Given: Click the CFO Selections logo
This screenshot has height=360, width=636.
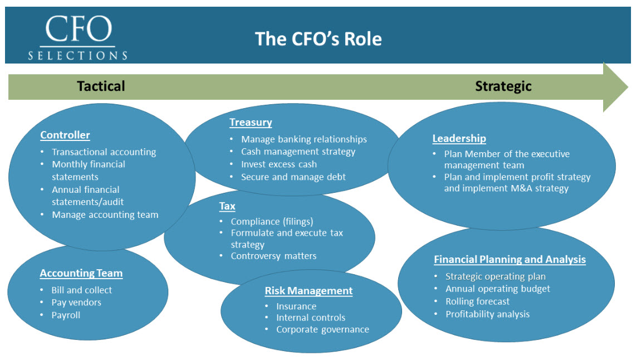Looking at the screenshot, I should point(78,37).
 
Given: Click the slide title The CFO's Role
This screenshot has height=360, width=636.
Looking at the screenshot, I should point(318,39).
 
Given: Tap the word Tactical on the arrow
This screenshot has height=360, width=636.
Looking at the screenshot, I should point(101,86).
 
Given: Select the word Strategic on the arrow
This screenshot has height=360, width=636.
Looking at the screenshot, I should point(503,86).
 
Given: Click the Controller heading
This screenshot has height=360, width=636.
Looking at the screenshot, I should point(65,135).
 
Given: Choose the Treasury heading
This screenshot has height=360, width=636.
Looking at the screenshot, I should point(251,123).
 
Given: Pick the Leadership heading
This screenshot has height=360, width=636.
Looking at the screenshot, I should point(459,138).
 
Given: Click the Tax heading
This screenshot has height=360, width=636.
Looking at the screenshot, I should point(227,206).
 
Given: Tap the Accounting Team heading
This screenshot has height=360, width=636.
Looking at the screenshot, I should point(81,273).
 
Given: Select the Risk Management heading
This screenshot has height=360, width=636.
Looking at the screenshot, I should point(309,290).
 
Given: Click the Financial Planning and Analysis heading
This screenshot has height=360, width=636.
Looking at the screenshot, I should point(510,259).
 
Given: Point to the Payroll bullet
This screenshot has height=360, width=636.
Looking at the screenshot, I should point(66,315).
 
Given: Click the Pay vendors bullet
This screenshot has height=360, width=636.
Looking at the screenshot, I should point(76,303).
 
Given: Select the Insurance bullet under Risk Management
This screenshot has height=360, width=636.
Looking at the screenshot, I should point(296,306).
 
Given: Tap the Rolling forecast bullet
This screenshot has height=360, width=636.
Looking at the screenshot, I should point(477,301).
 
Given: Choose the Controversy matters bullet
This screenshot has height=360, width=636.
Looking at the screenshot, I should point(273,256).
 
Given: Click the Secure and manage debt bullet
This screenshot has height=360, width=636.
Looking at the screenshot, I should point(293,177).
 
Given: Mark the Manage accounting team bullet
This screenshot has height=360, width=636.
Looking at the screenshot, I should point(105,215).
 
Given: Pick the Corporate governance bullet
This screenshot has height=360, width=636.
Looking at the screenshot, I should point(322,329).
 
